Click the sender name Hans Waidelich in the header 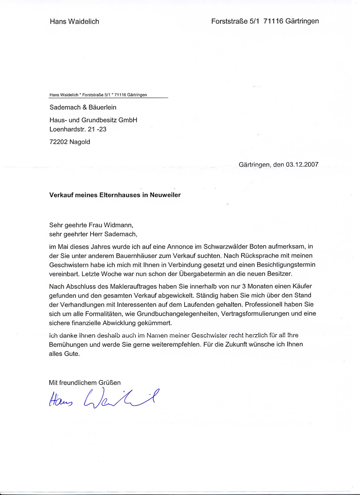tap(74, 21)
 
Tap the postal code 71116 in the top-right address tap(271, 21)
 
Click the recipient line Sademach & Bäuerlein tap(83, 108)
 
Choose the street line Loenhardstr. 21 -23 tap(78, 129)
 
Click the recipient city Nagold tap(80, 142)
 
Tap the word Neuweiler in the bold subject tap(166, 195)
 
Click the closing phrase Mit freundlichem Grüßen tap(85, 382)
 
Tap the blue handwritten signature tap(102, 398)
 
